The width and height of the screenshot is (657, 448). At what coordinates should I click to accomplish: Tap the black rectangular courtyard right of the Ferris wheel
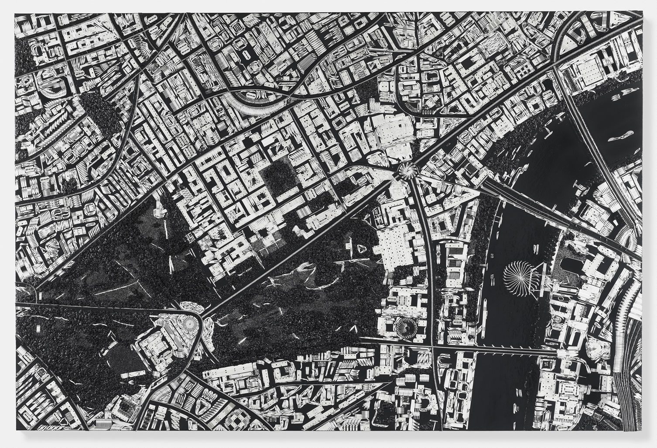pos(569,266)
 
